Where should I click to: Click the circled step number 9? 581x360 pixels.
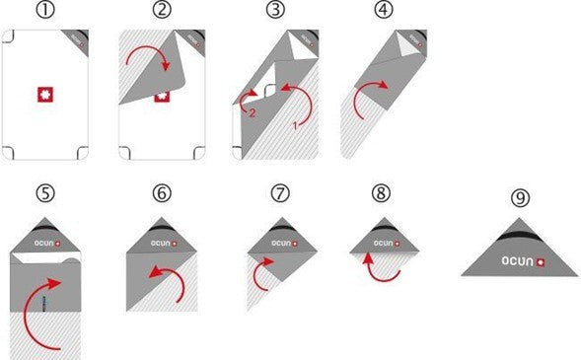click(x=519, y=197)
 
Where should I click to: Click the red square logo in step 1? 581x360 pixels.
click(x=45, y=94)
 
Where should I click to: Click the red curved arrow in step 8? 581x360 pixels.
click(x=379, y=265)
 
